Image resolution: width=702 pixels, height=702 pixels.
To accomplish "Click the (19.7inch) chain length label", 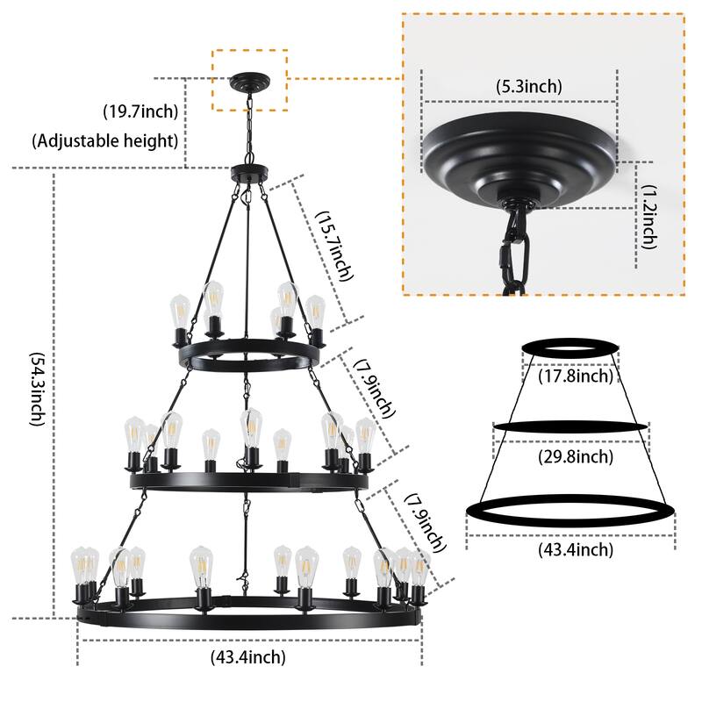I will (x=140, y=111).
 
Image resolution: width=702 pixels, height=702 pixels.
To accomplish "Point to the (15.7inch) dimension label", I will (x=334, y=247).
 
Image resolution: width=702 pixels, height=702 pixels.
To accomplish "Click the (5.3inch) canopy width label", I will (x=529, y=86).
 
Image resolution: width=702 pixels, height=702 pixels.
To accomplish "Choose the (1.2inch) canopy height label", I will (x=648, y=217).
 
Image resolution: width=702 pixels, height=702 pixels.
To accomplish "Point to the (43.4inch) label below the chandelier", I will (x=248, y=655).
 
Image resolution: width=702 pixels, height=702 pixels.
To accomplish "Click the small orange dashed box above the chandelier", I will (x=249, y=81).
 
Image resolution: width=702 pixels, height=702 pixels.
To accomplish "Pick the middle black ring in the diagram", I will (x=572, y=426).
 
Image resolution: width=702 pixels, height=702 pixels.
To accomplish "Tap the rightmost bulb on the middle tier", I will (x=363, y=435).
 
